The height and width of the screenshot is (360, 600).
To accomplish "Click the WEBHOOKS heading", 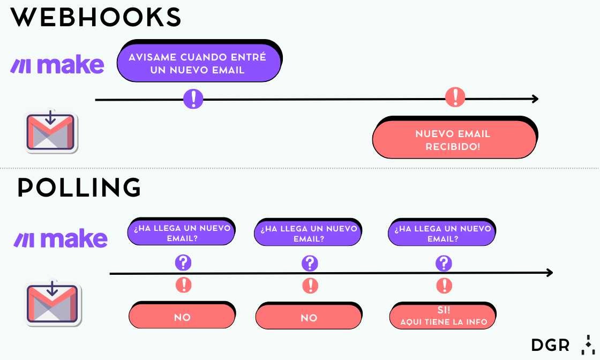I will coord(96,18).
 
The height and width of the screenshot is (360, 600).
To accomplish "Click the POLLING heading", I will coord(79,188).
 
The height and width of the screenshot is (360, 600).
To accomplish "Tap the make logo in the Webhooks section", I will coord(57,65).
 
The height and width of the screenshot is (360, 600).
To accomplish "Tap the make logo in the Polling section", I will coord(61,239).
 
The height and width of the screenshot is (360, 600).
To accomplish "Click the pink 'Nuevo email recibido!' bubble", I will coord(454,139).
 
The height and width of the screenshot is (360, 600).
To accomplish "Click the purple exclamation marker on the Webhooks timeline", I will coord(193,99).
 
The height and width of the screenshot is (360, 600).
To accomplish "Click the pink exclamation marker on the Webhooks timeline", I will coord(455,97).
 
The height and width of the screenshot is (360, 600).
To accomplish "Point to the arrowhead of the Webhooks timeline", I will coord(535,99).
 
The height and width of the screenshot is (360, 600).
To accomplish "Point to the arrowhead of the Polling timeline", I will coord(549,273).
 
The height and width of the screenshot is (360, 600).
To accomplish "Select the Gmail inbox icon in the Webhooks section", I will coord(50,131).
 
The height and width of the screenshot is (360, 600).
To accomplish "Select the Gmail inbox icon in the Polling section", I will coord(52,303).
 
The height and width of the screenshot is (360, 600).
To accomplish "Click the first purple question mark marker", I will coord(183,263).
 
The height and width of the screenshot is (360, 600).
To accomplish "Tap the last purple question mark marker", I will coord(444,264).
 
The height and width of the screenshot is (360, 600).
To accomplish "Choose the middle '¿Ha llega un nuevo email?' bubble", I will coord(309,234).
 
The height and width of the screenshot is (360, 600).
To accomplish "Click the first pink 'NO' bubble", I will coord(182,317).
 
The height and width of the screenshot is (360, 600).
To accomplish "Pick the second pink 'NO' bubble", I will coord(309,318).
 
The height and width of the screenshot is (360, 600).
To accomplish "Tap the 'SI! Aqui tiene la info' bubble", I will coord(443,317).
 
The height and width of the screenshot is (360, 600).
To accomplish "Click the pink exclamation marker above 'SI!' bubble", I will coord(444,285).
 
